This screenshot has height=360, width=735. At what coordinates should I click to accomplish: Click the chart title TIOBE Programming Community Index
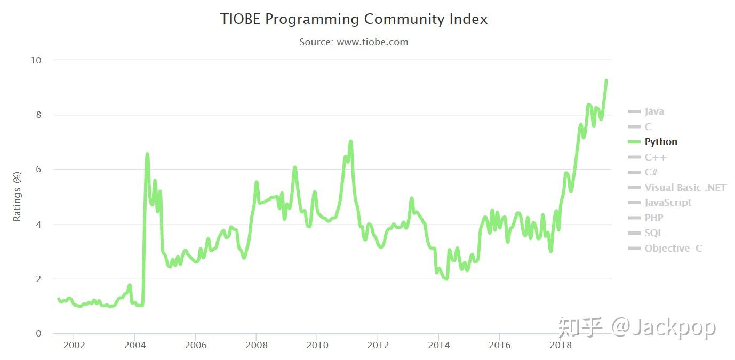[x=354, y=20]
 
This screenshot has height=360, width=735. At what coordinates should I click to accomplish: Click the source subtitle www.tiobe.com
[x=354, y=42]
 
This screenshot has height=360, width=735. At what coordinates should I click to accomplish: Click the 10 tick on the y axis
[x=36, y=60]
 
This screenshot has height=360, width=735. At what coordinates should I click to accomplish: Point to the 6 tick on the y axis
[x=38, y=170]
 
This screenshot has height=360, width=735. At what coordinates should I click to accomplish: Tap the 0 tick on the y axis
[x=38, y=334]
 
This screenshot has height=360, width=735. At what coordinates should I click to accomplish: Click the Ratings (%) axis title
[x=17, y=196]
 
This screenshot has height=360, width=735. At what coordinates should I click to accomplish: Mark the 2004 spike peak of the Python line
[x=147, y=154]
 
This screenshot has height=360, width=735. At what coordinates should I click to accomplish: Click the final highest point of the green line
[x=606, y=81]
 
